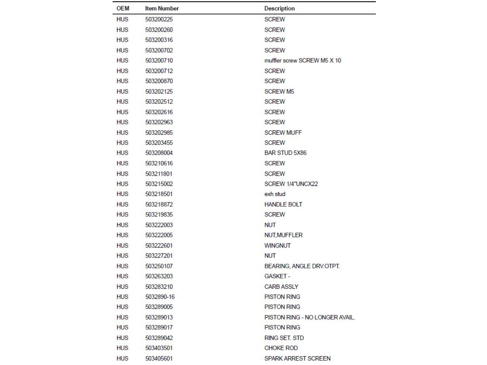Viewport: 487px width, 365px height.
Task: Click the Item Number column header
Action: (162, 8)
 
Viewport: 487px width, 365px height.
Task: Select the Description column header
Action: (279, 8)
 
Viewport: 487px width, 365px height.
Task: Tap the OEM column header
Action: (123, 8)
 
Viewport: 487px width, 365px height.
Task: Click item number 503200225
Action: (159, 19)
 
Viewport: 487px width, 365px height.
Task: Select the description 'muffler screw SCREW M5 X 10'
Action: (302, 61)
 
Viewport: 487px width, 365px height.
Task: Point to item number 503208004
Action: (159, 153)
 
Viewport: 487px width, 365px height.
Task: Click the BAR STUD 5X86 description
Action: (285, 153)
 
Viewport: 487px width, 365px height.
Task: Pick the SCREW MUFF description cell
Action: (283, 133)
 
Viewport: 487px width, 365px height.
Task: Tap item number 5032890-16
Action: (160, 297)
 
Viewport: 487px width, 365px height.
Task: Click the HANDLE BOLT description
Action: (283, 204)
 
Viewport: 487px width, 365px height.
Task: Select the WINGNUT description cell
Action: (277, 246)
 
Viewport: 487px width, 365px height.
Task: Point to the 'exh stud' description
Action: (275, 194)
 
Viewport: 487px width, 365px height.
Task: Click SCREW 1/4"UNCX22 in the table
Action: (291, 184)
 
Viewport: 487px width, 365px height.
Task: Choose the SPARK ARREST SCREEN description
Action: (297, 359)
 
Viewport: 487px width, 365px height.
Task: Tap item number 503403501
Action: (159, 348)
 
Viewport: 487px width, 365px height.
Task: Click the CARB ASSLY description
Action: (281, 287)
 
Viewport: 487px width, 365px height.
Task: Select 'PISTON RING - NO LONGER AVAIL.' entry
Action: (309, 317)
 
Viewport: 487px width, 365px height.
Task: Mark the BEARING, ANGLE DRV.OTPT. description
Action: (302, 266)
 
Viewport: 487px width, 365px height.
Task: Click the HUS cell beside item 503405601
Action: (122, 359)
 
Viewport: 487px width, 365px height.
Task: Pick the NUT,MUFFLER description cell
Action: (283, 235)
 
